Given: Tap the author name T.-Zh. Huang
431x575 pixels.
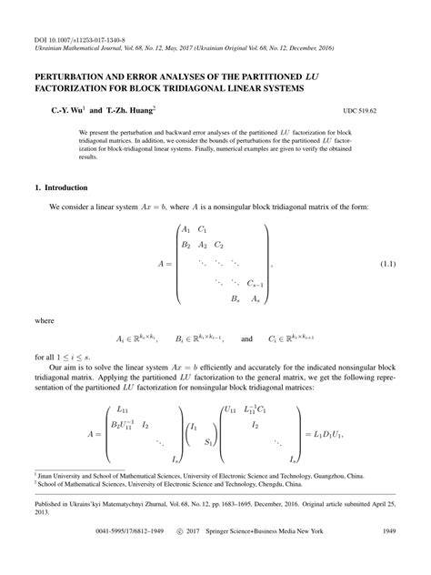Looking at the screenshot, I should tap(126, 108).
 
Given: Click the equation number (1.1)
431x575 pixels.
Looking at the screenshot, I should tap(386, 264).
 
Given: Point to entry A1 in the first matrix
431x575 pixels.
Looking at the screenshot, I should tap(186, 229).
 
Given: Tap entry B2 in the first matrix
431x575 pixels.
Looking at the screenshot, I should tap(186, 245).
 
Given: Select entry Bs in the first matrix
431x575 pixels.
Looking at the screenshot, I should tap(235, 298).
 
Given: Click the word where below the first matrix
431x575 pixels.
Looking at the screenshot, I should tap(45, 321).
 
